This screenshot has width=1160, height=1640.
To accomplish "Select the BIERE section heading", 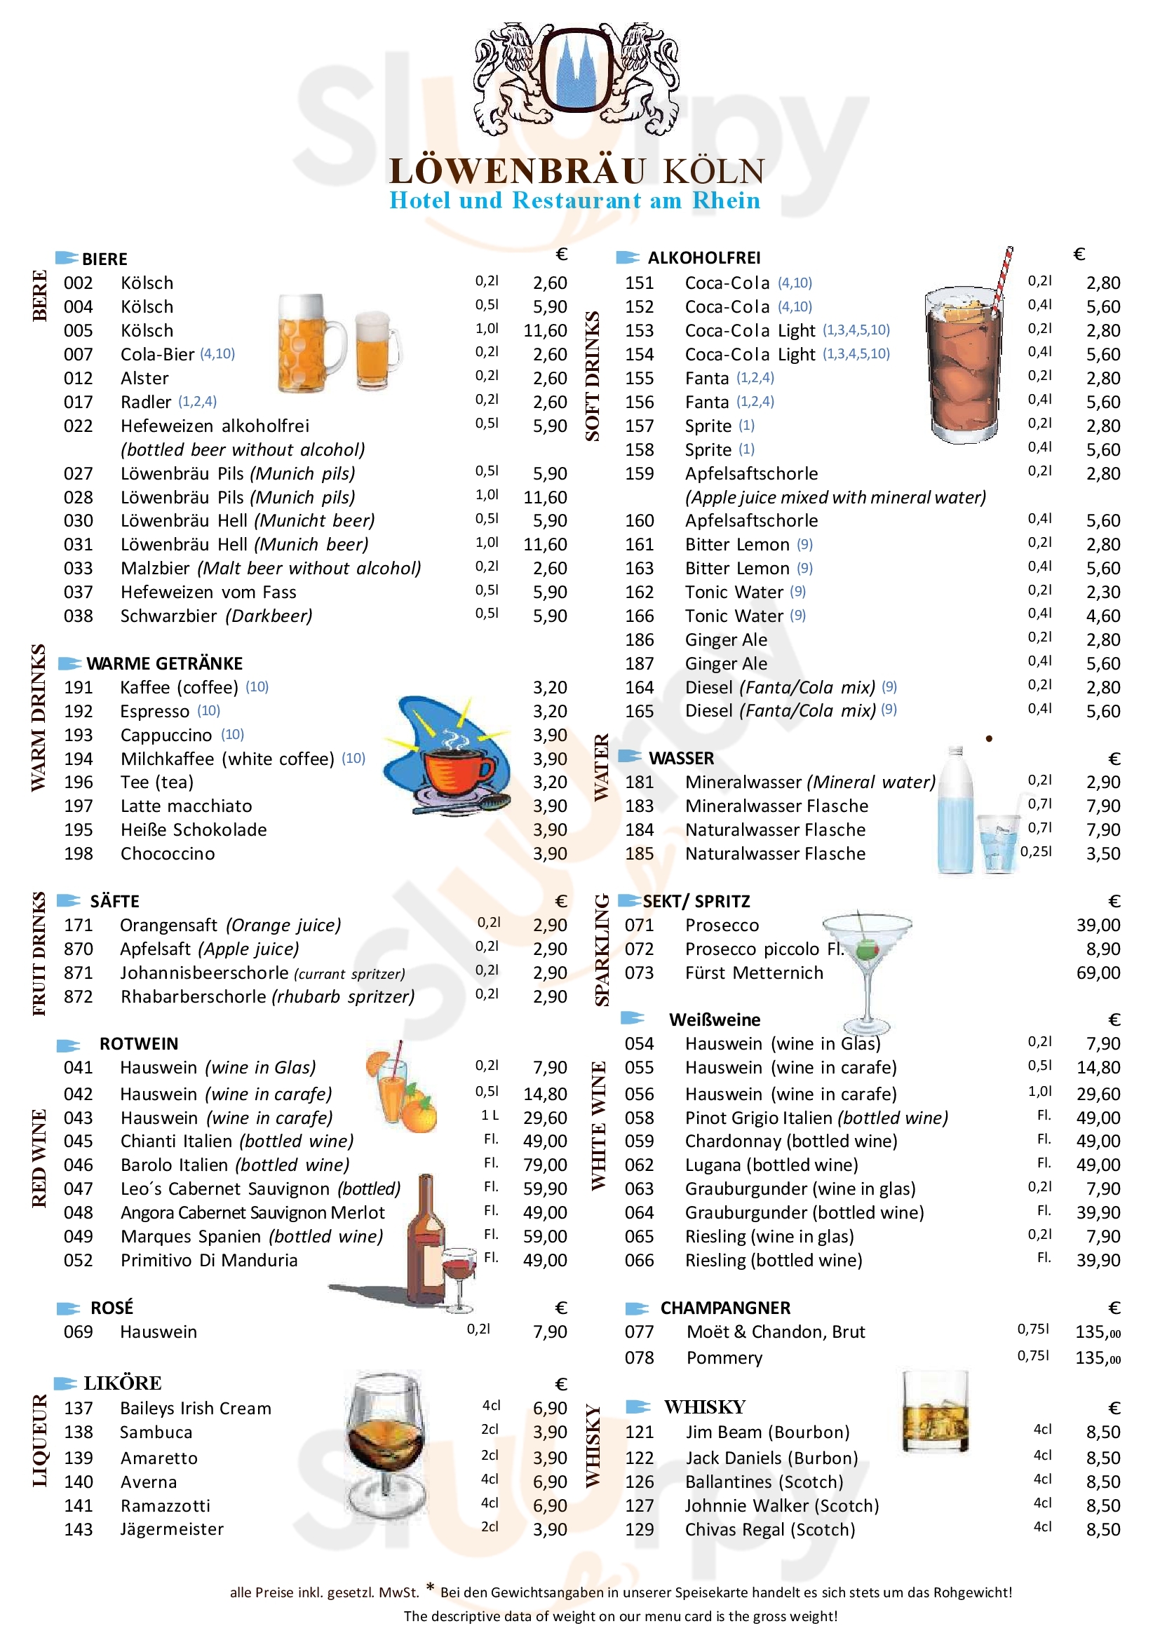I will point(104,259).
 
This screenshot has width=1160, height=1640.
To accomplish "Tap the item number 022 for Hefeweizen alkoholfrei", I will point(78,426).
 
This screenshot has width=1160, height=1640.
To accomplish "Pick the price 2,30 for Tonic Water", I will point(1103,592).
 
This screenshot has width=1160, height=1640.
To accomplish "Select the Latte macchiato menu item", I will point(186,806).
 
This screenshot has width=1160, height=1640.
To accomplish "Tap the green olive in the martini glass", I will point(867,949).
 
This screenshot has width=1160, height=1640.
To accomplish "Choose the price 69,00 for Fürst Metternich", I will point(1098,973).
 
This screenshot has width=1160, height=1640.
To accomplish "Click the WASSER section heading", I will point(681,758).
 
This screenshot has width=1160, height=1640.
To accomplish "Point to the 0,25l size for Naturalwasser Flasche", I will point(1035,851).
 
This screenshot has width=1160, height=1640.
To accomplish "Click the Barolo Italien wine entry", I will point(234,1165).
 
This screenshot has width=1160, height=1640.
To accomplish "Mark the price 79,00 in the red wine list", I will point(544,1165).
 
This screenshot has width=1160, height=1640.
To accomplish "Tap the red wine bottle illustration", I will point(425,1239).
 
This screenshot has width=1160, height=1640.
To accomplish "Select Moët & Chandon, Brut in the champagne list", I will point(775,1332).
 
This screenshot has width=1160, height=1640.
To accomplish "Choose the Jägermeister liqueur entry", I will point(171,1529).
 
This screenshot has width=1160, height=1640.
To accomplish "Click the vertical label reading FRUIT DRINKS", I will point(39,954).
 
